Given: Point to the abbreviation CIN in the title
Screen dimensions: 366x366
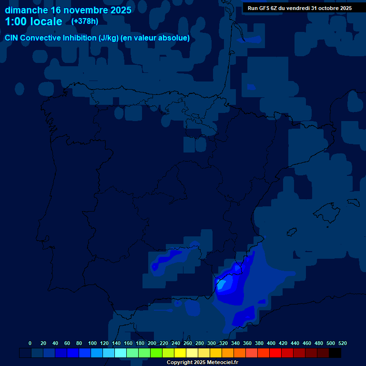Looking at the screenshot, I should coord(11,38).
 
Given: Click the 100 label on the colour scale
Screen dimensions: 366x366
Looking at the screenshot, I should coord(92,343).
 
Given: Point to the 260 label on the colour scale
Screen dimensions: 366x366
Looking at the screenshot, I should coord(188,343).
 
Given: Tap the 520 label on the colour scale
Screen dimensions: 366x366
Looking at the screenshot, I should coord(342,343).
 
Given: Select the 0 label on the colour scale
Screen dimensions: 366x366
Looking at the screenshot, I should coord(30,343).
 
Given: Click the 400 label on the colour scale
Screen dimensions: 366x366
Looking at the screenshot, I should coord(271,343).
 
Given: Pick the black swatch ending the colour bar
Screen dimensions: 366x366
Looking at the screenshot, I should coord(335,353).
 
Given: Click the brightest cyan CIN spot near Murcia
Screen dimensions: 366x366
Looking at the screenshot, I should coord(221,286).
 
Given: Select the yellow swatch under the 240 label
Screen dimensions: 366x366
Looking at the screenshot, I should coord(180,353).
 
